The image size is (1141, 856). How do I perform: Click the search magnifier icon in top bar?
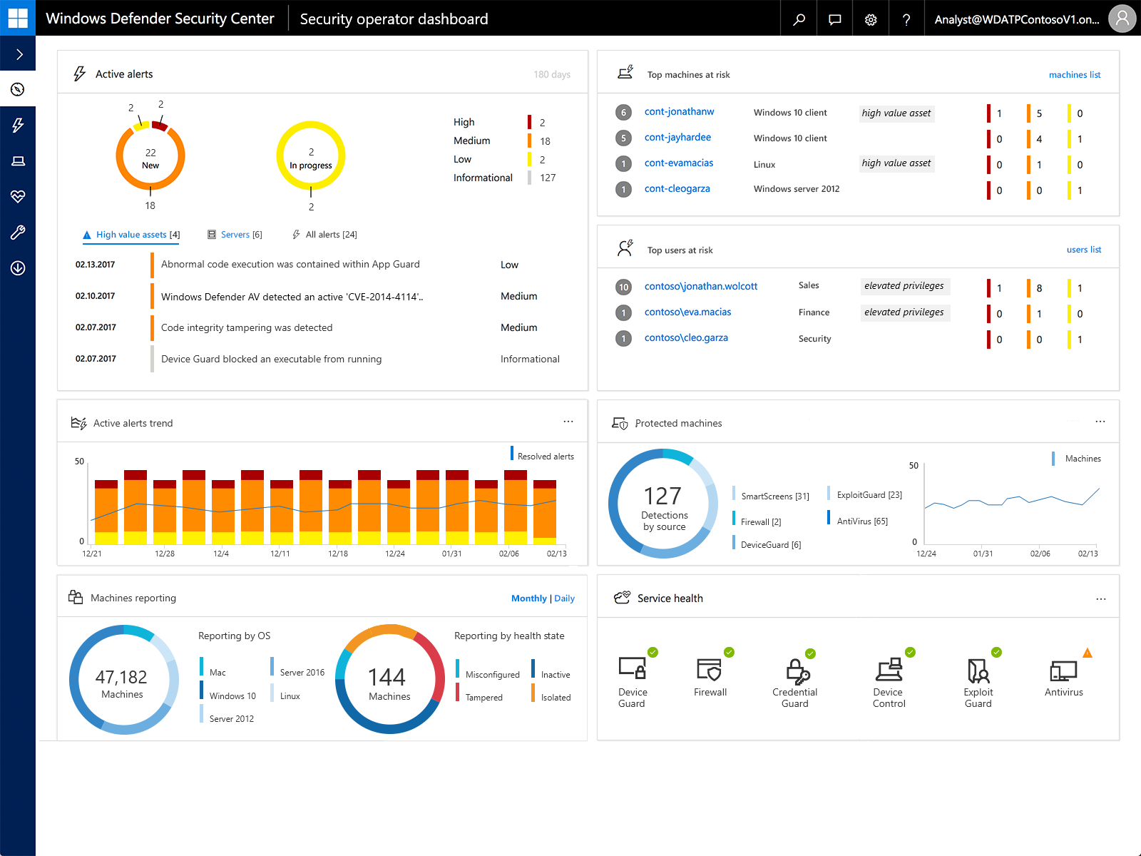[x=799, y=19]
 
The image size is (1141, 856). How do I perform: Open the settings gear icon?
[x=871, y=19]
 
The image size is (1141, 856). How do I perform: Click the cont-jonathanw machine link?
[x=679, y=112]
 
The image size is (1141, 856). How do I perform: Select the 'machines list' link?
[x=1074, y=75]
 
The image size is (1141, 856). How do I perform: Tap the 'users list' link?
[x=1083, y=250]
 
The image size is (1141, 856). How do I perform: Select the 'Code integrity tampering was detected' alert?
[x=247, y=328]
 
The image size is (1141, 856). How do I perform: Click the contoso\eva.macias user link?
[x=687, y=312]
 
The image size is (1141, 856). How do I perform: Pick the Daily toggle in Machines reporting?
[x=564, y=598]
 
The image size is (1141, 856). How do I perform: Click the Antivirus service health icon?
[x=1063, y=672]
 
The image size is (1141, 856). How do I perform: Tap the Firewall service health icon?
[x=710, y=671]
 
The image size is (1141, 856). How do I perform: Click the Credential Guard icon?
[x=796, y=672]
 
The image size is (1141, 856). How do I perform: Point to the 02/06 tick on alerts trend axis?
[x=508, y=554]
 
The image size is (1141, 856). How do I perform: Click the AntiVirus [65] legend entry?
[x=861, y=521]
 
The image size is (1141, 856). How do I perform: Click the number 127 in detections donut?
[x=662, y=496]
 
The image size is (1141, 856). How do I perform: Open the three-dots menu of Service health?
[x=1100, y=599]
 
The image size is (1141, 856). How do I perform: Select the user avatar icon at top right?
[x=1122, y=19]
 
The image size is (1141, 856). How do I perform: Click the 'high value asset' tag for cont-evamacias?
[x=896, y=163]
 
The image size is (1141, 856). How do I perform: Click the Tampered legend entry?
[x=483, y=698]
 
